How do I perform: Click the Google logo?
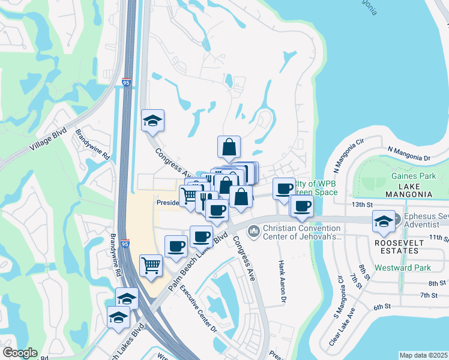tap(20, 353)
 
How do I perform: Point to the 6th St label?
tap(382, 307)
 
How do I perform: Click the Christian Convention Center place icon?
tap(254, 230)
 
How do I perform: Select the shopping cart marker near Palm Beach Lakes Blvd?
tap(151, 265)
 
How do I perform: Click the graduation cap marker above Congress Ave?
tap(152, 121)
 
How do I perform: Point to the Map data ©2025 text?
tap(424, 355)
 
